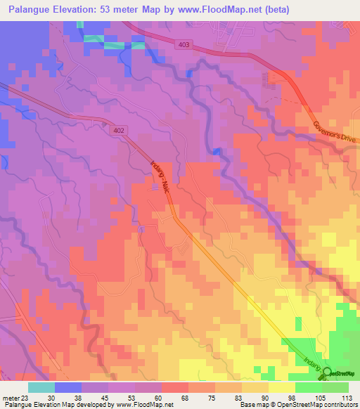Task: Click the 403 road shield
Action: [x=183, y=44]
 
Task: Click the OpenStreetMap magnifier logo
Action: [x=326, y=374]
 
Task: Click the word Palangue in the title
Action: [x=32, y=11]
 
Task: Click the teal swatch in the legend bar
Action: [x=41, y=387]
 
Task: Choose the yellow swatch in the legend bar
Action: [x=282, y=387]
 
